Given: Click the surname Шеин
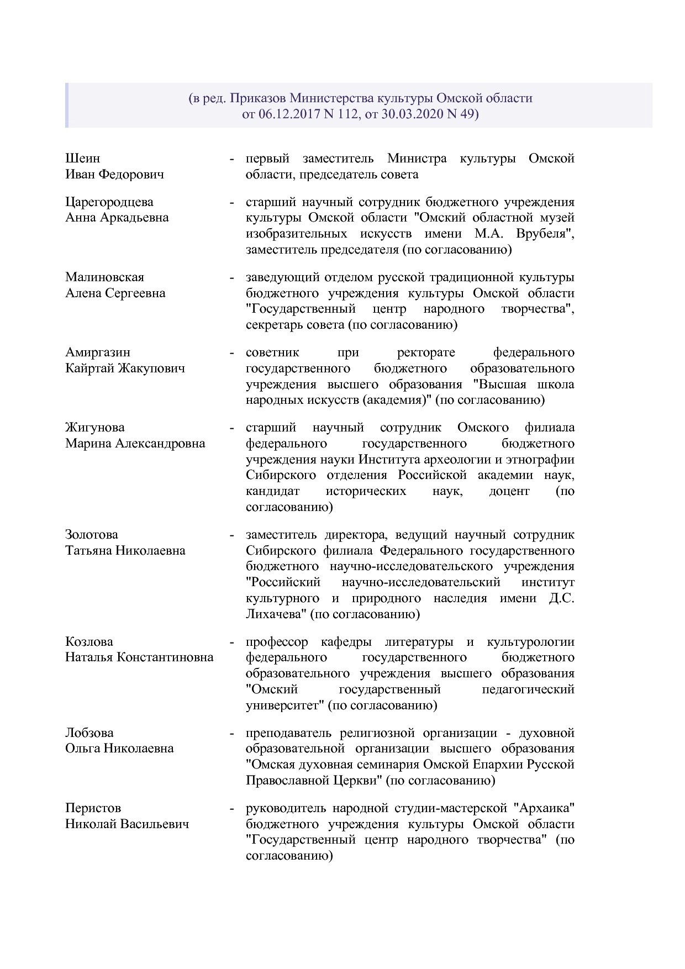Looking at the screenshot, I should (x=82, y=159).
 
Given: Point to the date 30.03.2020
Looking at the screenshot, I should (x=412, y=115).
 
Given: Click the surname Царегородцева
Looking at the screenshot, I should (x=109, y=202).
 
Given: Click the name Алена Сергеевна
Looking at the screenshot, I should (x=115, y=293).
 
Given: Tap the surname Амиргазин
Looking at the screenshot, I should (x=98, y=352).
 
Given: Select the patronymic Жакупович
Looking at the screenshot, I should (x=151, y=368).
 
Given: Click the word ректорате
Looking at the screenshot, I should (x=426, y=352).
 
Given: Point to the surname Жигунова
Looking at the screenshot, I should (x=94, y=428).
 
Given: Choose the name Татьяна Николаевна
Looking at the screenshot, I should (x=125, y=551).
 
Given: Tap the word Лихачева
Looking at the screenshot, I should (x=275, y=614).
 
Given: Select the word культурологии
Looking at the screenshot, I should (x=530, y=642).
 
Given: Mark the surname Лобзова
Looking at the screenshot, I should (x=89, y=733).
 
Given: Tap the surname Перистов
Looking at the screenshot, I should (x=93, y=808).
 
